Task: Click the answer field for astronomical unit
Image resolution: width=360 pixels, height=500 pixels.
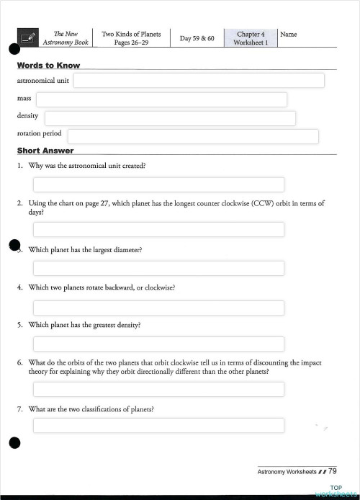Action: click(199, 81)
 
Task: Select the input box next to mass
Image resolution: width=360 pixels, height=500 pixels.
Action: click(161, 99)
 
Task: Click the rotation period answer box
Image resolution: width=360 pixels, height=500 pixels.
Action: click(193, 136)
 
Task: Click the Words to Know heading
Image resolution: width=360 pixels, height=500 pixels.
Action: click(48, 66)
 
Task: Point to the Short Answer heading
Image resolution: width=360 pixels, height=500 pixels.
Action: click(45, 151)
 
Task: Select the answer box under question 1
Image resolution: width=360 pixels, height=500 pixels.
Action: click(158, 184)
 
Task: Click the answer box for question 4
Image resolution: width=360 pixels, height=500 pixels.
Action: click(158, 308)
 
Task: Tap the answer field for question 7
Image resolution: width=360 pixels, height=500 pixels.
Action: click(158, 425)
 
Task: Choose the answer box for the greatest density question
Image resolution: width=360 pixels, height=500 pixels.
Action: click(158, 344)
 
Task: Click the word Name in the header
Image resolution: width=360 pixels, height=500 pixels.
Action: click(288, 35)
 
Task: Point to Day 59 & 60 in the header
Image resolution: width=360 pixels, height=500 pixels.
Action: click(197, 38)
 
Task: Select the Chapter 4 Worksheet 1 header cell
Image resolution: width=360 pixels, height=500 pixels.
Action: click(251, 38)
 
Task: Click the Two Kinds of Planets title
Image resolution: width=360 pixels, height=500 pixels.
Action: click(131, 38)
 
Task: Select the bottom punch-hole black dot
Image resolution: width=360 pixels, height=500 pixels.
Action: click(14, 442)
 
